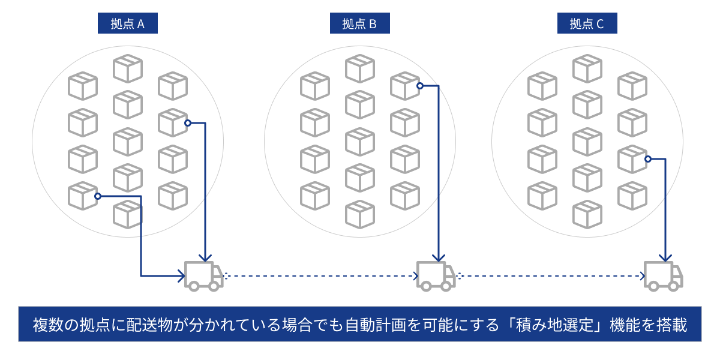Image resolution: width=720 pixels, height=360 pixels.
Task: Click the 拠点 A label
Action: (127, 24)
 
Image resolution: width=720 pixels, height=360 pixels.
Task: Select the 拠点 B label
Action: (359, 24)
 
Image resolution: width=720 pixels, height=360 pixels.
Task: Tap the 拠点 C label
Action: (586, 24)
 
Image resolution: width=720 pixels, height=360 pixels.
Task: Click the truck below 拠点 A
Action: (203, 276)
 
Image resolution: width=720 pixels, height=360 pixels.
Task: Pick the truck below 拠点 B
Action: (436, 276)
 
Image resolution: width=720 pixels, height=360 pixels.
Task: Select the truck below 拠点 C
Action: (663, 276)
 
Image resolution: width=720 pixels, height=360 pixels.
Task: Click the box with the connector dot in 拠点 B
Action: (404, 86)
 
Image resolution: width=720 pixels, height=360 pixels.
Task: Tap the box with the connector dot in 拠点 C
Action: (632, 159)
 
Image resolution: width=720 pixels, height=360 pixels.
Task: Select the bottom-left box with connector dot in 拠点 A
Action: (83, 196)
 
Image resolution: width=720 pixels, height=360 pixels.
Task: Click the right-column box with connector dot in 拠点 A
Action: (172, 122)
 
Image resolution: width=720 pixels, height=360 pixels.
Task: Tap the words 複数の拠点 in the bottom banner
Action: (64, 325)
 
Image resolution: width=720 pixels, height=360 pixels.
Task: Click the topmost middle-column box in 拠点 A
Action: (128, 68)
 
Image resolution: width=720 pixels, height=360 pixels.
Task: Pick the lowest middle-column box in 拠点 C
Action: (587, 214)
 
